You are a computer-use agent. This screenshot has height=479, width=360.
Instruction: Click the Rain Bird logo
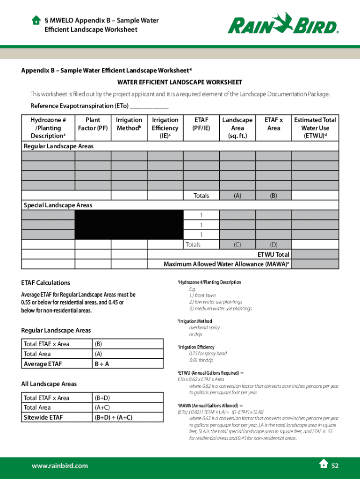[x=283, y=23]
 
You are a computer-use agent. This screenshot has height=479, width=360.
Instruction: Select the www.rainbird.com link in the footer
[x=59, y=466]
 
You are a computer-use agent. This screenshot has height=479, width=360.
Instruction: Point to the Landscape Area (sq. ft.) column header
[x=238, y=128]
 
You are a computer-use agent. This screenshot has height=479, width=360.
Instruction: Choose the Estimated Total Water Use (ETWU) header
[x=315, y=128]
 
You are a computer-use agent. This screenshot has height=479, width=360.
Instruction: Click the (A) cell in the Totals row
[x=238, y=196]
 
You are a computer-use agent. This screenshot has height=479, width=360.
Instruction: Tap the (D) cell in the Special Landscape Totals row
[x=274, y=245]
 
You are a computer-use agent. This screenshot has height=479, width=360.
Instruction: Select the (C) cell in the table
[x=238, y=245]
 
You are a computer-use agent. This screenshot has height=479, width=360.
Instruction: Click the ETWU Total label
[x=274, y=254]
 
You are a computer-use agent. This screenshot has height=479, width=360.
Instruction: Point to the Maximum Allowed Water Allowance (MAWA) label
[x=226, y=264]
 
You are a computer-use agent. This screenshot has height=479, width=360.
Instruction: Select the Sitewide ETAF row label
[x=43, y=417]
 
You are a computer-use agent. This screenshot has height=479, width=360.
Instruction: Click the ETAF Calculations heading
[x=45, y=283]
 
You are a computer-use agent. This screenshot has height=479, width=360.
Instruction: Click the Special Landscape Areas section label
[x=58, y=205]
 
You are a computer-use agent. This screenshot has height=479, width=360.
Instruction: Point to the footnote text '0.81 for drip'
[x=201, y=360]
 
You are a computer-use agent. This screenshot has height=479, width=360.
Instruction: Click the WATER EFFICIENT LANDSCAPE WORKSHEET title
[x=180, y=82]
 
